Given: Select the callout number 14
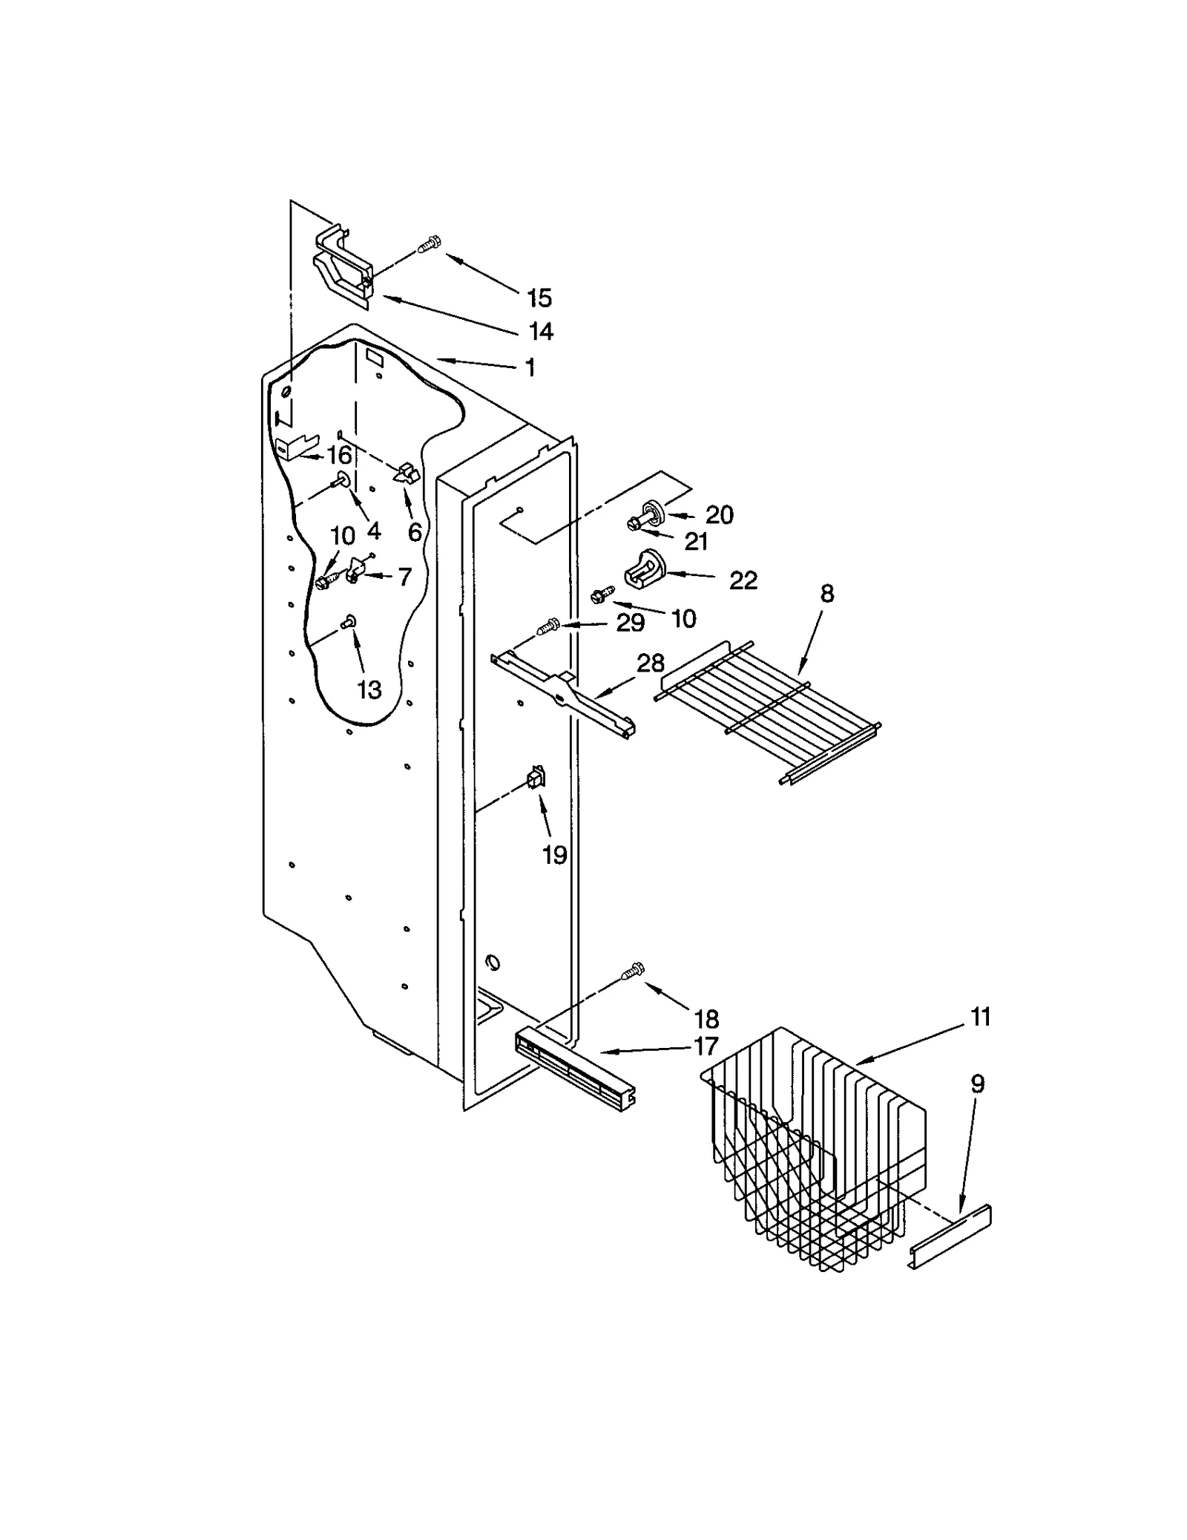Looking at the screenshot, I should point(542,331).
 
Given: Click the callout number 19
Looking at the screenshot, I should point(555,855).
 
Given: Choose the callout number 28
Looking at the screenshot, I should point(651,663).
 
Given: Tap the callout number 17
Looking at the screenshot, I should point(706,1046).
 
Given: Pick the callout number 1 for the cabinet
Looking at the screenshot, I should point(530,367).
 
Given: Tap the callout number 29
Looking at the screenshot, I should point(631,623).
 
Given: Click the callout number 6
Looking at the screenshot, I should point(414,531).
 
